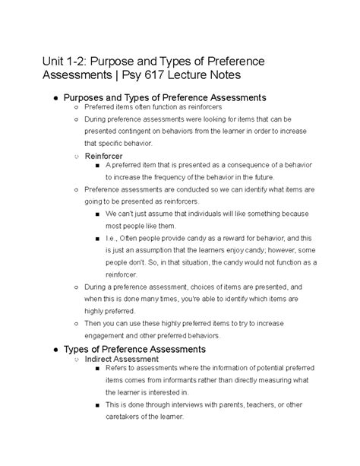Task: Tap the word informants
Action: coord(204,384)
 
